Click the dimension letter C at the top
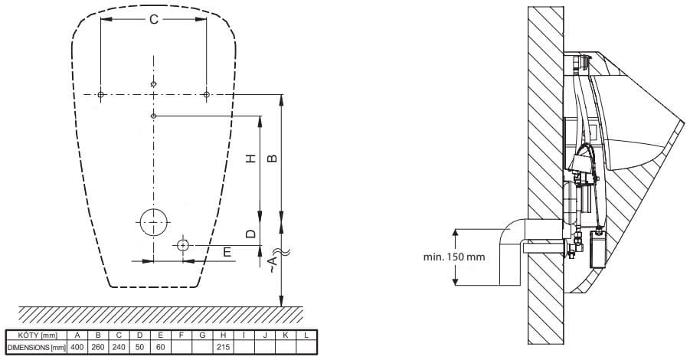[154, 19]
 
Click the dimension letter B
[273, 159]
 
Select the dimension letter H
[251, 159]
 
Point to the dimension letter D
[251, 234]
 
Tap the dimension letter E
[227, 252]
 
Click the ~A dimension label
[273, 264]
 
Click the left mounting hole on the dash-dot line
[101, 95]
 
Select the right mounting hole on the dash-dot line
[206, 95]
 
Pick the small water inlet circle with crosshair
[182, 245]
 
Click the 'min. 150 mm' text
[454, 257]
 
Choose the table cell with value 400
[77, 347]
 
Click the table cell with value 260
[98, 347]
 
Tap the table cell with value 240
[119, 347]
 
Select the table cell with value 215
[223, 347]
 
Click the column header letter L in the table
[306, 335]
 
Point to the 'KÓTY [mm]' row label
[38, 335]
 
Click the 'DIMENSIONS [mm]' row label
[37, 347]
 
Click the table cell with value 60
[161, 347]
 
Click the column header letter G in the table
[202, 335]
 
